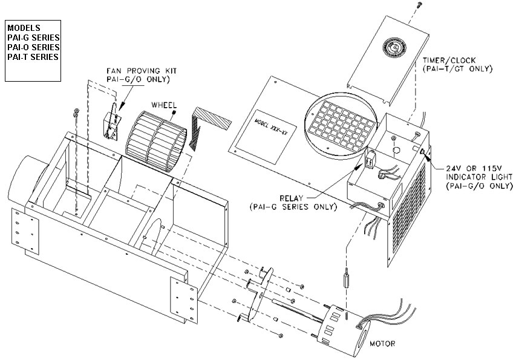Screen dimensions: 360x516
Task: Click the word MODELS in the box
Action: pos(24,28)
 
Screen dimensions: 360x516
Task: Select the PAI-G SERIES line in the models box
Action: pos(33,38)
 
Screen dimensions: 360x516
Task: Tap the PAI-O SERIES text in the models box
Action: pos(33,47)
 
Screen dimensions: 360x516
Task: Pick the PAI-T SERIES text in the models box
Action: pos(33,57)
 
